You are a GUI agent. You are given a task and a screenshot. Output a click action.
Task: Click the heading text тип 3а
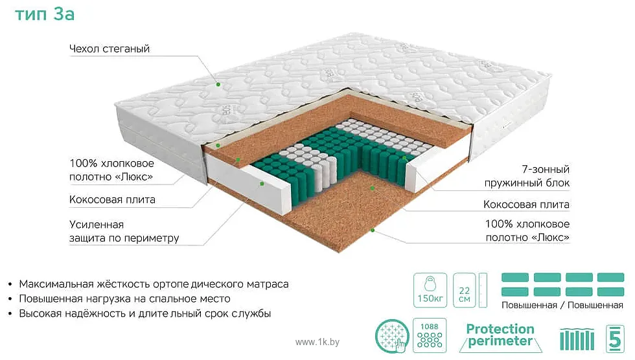pos(45,14)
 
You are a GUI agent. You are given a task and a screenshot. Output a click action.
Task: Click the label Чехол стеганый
pos(110,49)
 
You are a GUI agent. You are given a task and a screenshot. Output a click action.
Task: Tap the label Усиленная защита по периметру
pos(124,231)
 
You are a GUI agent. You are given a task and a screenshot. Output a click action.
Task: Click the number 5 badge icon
pos(612,337)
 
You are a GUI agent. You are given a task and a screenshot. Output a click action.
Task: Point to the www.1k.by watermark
pos(317,341)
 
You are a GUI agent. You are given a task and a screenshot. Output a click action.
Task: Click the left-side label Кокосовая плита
pos(112,199)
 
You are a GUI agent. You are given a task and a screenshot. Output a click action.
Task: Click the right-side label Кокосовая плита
pos(526,205)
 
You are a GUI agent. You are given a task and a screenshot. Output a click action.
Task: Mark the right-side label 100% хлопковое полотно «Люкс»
pos(527,231)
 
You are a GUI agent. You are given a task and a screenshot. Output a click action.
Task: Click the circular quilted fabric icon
pos(392,337)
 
